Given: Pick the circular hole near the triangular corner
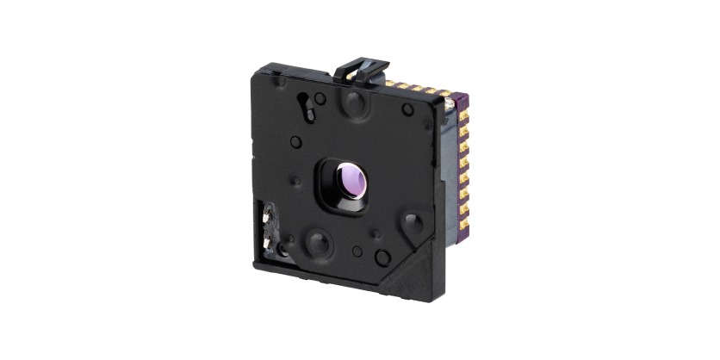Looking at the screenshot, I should tap(382, 256).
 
